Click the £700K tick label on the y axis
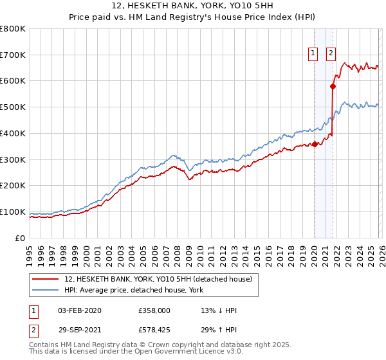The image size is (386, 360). pos(13,55)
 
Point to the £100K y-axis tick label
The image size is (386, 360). pos(13,212)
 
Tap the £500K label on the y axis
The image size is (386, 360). pos(13,107)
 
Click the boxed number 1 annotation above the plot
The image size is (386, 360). pos(313,54)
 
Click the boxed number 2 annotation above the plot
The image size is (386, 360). pos(331,54)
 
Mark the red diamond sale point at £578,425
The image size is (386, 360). pos(333,86)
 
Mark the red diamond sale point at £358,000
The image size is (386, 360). pos(315,144)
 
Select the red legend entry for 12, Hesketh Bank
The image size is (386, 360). pos(144,278)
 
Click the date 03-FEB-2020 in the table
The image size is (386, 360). pos(80,310)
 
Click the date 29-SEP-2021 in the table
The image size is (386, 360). pos(80,331)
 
